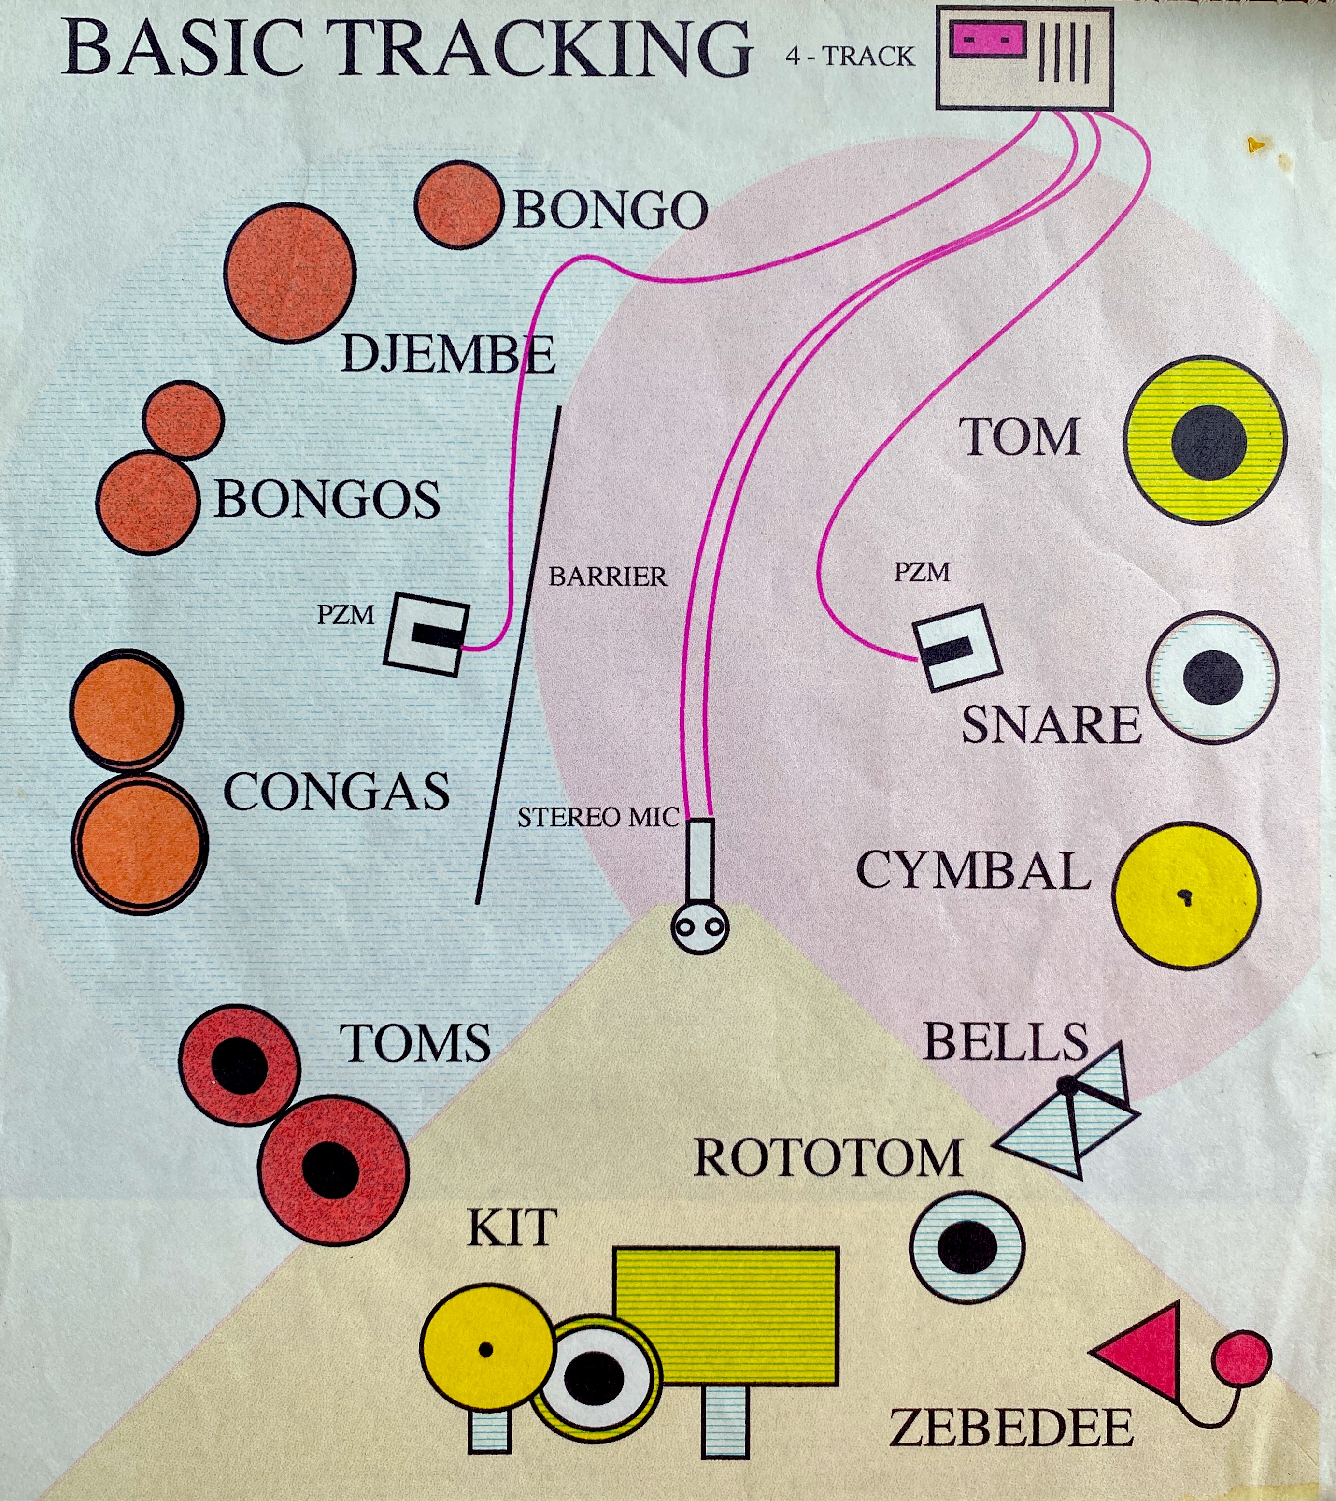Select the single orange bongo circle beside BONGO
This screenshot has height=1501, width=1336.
coord(458,205)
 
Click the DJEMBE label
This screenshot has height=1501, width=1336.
coord(448,355)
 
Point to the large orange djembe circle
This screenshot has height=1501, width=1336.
coord(290,273)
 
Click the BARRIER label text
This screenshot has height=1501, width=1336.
coord(608,577)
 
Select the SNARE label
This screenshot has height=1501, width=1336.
coord(1051,725)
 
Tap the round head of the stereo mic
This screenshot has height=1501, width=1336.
coord(699,927)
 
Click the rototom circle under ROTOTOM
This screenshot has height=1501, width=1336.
coord(967,1247)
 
